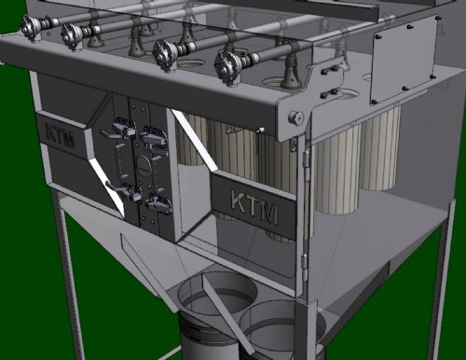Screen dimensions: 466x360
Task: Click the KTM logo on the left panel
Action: click(x=60, y=136)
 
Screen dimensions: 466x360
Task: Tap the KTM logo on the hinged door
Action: click(x=254, y=206)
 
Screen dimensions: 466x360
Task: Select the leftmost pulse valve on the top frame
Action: click(x=32, y=25)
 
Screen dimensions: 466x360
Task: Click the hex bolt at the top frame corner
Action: click(x=295, y=118)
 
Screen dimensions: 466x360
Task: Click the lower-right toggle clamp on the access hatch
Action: click(x=159, y=203)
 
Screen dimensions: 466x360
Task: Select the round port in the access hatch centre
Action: click(x=144, y=163)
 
